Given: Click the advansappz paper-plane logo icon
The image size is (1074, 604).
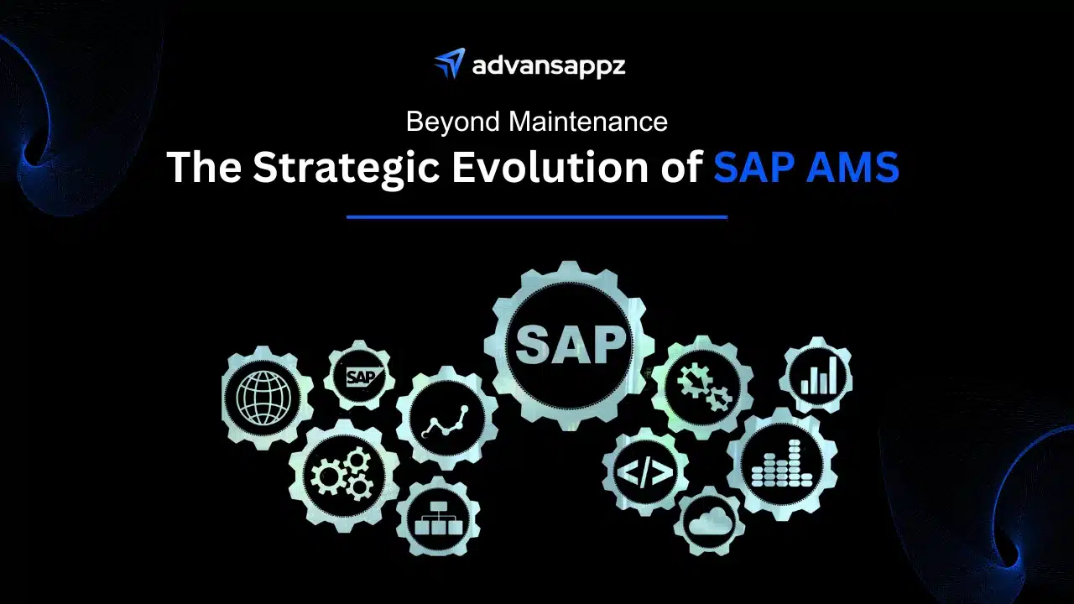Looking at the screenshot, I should point(448,65).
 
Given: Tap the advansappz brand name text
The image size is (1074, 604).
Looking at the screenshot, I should point(548,65).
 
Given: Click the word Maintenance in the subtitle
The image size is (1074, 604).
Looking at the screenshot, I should point(588,122).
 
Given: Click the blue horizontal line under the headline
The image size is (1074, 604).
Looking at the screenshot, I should point(537,216).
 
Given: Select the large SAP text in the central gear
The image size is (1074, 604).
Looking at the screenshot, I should point(571,345).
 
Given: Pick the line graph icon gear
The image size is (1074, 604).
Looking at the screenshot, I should point(446,418).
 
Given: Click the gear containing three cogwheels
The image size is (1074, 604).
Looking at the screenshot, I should point(343,476).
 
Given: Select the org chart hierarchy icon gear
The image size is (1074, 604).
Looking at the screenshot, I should point(438,518).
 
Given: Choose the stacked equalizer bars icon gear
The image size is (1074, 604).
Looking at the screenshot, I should point(781,465).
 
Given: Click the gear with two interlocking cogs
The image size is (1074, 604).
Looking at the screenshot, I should point(702,386).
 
